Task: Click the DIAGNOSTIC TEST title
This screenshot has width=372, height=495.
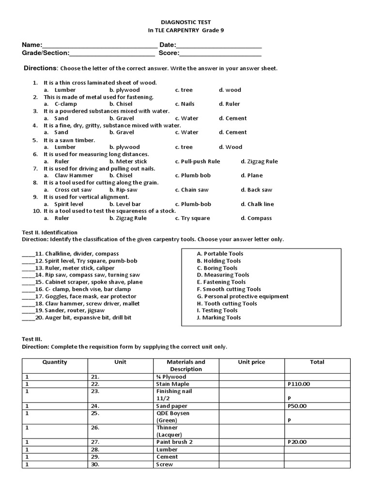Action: [x=186, y=22]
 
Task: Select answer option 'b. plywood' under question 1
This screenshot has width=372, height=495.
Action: [x=124, y=90]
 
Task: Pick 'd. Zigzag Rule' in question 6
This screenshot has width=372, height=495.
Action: [x=259, y=161]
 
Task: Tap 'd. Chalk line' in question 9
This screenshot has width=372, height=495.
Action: [x=257, y=204]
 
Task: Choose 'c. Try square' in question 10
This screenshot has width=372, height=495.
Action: [x=192, y=218]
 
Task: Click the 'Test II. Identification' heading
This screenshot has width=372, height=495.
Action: [x=50, y=233]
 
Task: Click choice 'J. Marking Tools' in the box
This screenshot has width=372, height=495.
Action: [x=218, y=318]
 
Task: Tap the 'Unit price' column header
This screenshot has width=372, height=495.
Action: [x=251, y=362]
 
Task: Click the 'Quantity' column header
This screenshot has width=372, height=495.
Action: [x=55, y=362]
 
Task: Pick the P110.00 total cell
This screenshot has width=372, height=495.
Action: [x=298, y=384]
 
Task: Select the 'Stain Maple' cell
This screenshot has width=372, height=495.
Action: [x=172, y=384]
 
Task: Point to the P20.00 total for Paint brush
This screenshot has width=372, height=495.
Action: [x=297, y=442]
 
